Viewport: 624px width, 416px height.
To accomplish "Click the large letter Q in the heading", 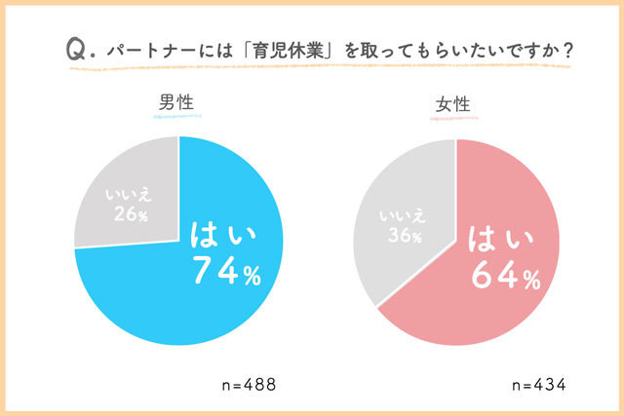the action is pos(76,50).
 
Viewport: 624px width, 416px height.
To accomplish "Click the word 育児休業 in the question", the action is pos(289,51).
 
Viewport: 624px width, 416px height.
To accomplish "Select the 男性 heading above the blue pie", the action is pos(176,102).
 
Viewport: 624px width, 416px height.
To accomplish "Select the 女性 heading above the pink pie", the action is pos(452,104).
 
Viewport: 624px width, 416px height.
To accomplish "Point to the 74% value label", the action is pos(227,271).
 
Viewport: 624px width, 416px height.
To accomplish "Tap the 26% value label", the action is pos(131,214).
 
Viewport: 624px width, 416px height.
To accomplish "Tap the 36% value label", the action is pos(405,235).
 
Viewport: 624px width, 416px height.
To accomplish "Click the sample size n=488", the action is pos(249,385).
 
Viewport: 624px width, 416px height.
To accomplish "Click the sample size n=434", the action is pos(539,385).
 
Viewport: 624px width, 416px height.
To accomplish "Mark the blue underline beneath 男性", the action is pos(177,117).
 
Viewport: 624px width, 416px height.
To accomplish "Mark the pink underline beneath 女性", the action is pos(454,119).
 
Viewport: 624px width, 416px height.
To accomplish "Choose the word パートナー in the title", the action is pos(151,51).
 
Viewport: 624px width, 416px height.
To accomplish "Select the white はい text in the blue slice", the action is pos(223,235).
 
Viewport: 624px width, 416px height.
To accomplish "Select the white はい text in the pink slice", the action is pos(500,239).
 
